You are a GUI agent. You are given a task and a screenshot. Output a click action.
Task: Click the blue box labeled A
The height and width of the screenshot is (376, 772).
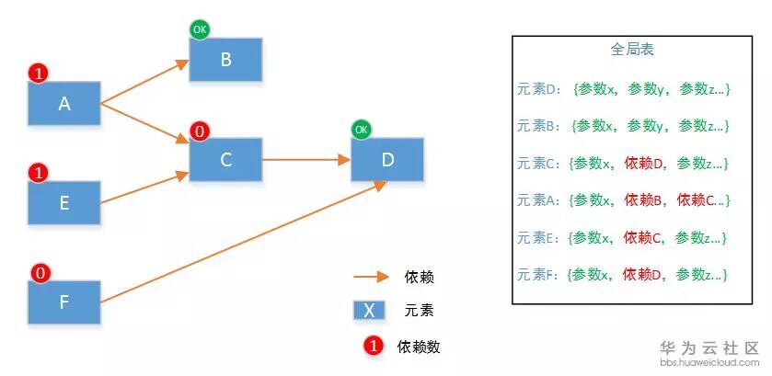[x=64, y=104]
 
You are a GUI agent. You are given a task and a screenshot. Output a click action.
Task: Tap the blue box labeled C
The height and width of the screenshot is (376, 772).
[x=225, y=160]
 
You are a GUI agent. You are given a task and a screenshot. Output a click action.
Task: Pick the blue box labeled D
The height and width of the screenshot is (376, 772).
[x=387, y=160]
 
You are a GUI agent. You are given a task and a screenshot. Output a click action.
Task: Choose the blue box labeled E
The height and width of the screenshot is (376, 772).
[x=64, y=203]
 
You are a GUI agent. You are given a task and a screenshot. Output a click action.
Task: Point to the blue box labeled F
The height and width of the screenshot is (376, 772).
[x=64, y=302]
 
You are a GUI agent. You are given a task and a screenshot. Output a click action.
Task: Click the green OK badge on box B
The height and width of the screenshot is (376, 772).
[x=200, y=29]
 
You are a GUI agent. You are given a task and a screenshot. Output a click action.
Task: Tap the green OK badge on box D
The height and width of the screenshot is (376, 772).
[x=361, y=129]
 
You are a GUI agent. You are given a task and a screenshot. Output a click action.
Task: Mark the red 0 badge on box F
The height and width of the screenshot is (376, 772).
[x=39, y=272]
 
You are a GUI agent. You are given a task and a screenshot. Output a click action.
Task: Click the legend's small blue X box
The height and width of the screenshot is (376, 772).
[x=369, y=310]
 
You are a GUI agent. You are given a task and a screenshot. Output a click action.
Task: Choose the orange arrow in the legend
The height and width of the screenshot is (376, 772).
[x=371, y=276]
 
